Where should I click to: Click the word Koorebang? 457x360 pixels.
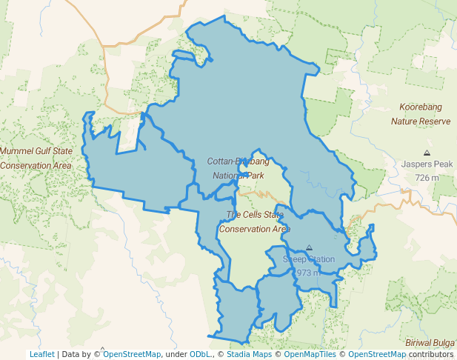pyautogui.click(x=420, y=107)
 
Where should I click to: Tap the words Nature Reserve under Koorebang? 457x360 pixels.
pyautogui.click(x=420, y=121)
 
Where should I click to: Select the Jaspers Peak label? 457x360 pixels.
pyautogui.click(x=427, y=164)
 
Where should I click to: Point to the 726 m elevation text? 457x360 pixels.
pyautogui.click(x=427, y=178)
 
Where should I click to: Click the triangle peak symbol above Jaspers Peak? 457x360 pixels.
pyautogui.click(x=427, y=152)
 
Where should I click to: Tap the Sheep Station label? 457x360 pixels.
pyautogui.click(x=309, y=259)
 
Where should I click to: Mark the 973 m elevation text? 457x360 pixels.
pyautogui.click(x=307, y=273)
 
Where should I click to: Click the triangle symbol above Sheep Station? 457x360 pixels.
pyautogui.click(x=309, y=248)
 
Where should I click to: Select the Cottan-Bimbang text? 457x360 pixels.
pyautogui.click(x=238, y=161)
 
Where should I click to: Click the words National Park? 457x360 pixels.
pyautogui.click(x=238, y=176)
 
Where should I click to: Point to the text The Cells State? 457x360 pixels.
pyautogui.click(x=254, y=215)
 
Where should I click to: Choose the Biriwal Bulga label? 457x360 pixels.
pyautogui.click(x=430, y=343)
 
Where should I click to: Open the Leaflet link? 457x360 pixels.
pyautogui.click(x=42, y=354)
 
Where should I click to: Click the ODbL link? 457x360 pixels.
pyautogui.click(x=200, y=354)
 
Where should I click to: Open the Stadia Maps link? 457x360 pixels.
pyautogui.click(x=249, y=354)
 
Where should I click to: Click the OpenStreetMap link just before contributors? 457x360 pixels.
pyautogui.click(x=377, y=354)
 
